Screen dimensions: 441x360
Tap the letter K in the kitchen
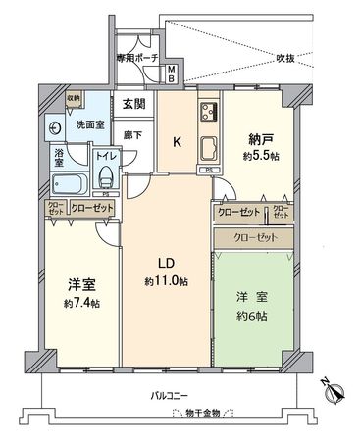(177, 142)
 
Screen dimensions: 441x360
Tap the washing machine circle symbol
(55, 126)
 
